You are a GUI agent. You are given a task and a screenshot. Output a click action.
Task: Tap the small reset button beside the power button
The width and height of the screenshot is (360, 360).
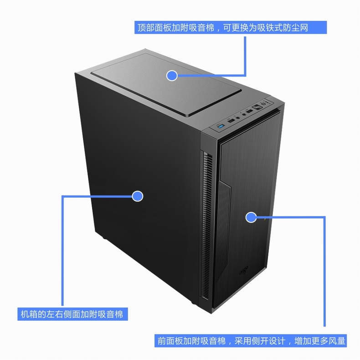tap(264, 104)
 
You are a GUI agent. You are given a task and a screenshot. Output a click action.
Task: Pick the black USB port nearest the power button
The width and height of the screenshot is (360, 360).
tap(250, 111)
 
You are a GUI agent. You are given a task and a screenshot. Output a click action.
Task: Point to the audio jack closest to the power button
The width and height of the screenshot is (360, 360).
tap(245, 114)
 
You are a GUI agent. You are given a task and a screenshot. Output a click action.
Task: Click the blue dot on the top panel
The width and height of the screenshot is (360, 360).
tap(172, 76)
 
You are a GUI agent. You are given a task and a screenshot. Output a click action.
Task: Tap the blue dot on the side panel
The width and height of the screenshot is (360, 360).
tap(138, 196)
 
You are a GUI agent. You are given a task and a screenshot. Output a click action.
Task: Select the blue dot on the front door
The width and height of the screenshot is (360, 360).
tap(251, 217)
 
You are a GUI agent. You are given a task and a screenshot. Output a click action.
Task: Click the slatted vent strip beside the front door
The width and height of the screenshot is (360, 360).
tap(208, 228)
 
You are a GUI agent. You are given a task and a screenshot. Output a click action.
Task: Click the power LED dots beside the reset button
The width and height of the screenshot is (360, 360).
tap(267, 102)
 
